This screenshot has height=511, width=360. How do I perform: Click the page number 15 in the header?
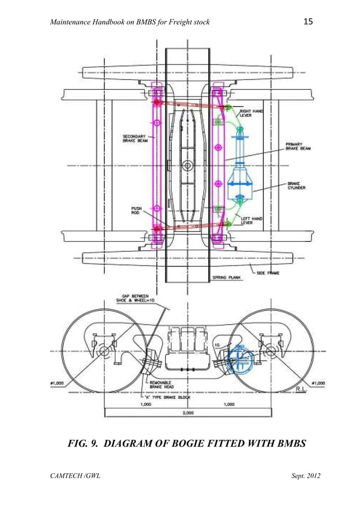point(308,22)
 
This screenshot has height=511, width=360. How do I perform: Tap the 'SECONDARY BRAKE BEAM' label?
point(135,138)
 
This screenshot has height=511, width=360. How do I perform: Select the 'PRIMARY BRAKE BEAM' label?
point(298,147)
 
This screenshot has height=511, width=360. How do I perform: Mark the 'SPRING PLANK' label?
point(226,278)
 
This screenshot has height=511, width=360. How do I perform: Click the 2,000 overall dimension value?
point(188,413)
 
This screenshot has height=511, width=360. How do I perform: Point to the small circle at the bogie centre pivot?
point(187,167)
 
